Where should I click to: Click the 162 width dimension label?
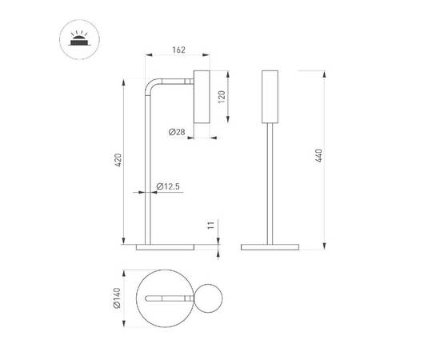pos(178,50)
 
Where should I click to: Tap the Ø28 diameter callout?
pos(178,131)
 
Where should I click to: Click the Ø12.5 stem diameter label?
pos(168,186)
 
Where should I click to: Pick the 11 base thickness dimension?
pos(210,226)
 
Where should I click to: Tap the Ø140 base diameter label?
pos(116,298)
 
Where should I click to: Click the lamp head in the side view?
pos(201,97)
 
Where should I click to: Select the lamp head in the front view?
pos(270,97)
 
